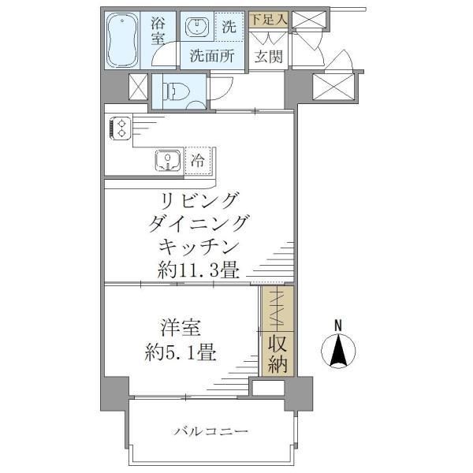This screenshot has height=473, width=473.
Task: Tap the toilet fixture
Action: (x=173, y=91)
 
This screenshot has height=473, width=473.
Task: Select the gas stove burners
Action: (x=120, y=128)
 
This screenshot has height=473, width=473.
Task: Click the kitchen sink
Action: (x=167, y=161)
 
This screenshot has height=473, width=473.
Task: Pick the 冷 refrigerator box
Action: (x=199, y=161)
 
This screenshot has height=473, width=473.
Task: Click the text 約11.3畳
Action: (x=198, y=268)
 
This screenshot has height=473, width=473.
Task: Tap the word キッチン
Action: (x=198, y=244)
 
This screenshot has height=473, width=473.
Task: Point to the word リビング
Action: (x=198, y=199)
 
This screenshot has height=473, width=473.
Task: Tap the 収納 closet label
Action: (x=277, y=355)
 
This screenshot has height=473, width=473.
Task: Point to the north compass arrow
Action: (x=338, y=352)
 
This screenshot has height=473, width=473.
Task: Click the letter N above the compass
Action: (x=338, y=324)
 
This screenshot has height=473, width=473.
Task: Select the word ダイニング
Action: (x=198, y=222)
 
